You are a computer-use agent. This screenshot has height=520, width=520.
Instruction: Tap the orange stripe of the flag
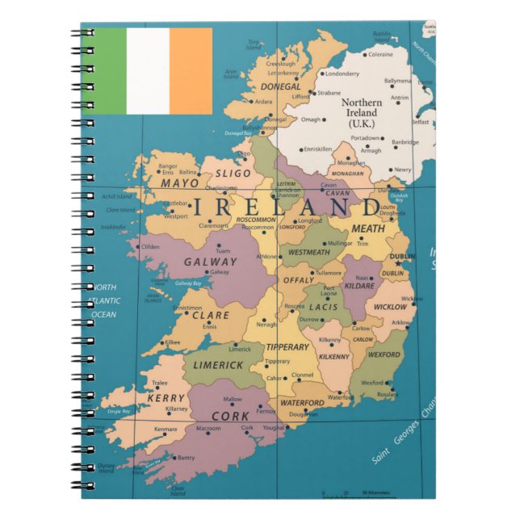(191, 71)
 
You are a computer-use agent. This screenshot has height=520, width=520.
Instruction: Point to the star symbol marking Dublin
(397, 262)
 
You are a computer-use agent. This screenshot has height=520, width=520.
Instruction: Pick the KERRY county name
(166, 399)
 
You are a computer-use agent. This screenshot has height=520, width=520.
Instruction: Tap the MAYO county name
(179, 183)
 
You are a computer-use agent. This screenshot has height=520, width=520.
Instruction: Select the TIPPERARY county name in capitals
(287, 347)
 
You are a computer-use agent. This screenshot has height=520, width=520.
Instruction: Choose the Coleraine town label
(380, 55)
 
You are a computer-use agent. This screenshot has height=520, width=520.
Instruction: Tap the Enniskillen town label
(317, 149)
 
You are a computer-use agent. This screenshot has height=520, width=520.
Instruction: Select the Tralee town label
(160, 384)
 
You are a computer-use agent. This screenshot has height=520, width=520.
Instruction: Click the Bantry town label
(186, 458)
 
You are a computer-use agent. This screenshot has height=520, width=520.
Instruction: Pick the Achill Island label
(116, 196)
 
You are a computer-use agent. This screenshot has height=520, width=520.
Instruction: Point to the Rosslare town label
(388, 395)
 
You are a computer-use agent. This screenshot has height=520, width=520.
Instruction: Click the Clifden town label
(150, 247)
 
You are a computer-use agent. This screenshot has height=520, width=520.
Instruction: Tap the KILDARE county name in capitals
(360, 286)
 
